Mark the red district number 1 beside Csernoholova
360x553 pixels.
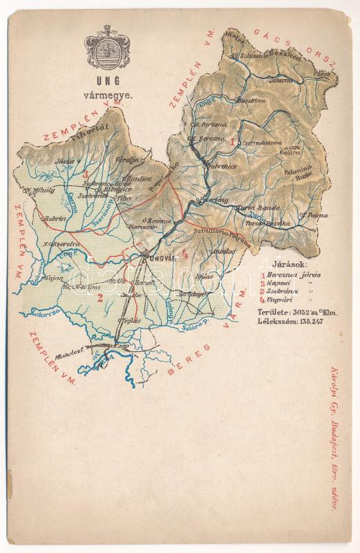pos(234,141)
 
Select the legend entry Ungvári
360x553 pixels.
pos(279,300)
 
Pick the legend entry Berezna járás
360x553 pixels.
pos(284,274)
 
